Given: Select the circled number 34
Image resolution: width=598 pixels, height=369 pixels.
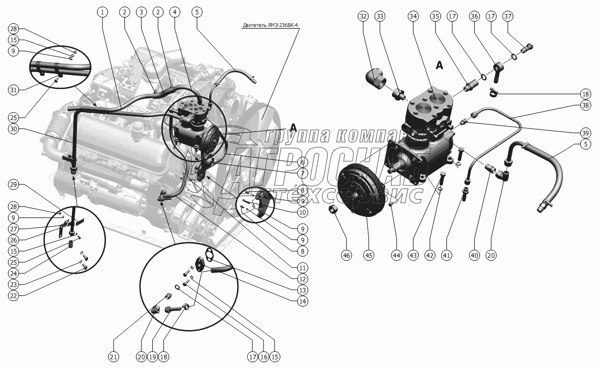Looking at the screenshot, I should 413,16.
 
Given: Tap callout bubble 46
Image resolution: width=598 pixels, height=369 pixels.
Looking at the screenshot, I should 346,255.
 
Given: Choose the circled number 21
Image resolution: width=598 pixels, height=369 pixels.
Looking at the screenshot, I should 114,356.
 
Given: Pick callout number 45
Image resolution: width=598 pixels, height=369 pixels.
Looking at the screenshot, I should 368,255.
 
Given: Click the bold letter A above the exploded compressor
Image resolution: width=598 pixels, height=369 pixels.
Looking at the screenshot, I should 439,65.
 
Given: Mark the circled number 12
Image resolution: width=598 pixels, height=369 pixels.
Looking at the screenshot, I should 303,279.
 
